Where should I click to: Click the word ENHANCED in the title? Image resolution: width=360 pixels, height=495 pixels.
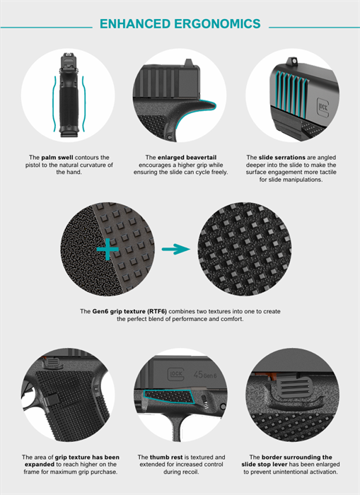[x=135, y=23]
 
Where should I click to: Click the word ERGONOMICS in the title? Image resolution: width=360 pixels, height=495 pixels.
[x=217, y=23]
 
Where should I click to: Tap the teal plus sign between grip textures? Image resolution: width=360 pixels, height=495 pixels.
[x=108, y=249]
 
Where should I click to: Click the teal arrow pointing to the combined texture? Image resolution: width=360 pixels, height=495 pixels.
[x=176, y=249]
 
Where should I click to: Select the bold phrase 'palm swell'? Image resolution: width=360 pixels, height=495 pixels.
[x=57, y=157]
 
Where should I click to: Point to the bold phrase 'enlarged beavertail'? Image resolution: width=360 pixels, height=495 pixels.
[x=187, y=157]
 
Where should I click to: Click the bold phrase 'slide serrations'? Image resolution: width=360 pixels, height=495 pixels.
[x=282, y=157]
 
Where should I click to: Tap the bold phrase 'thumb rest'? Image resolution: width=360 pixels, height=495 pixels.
[x=166, y=457]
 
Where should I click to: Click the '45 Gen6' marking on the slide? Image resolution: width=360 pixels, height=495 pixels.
[x=205, y=375]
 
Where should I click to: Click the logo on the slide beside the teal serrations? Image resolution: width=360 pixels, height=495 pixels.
[x=323, y=107]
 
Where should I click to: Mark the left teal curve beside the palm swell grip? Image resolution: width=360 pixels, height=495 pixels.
[x=54, y=103]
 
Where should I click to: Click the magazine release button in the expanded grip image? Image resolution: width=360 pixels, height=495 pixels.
[x=52, y=400]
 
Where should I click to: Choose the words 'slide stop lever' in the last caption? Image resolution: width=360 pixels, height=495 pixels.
[x=265, y=465]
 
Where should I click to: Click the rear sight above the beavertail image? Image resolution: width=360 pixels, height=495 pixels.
[x=188, y=62]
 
